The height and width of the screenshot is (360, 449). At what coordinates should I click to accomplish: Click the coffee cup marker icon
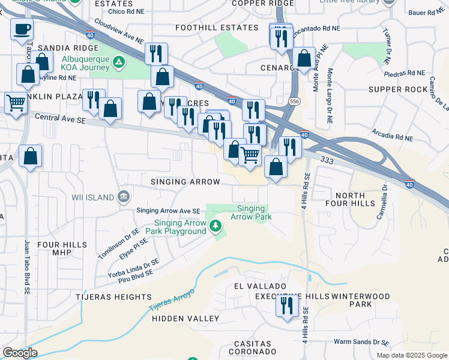click(x=22, y=29)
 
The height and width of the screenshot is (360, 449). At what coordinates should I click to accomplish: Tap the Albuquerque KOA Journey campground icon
click(x=119, y=62)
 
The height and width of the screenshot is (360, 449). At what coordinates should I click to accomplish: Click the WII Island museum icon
click(x=123, y=196)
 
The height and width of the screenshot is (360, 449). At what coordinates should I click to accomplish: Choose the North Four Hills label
click(x=350, y=201)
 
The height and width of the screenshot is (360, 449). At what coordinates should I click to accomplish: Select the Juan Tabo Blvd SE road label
click(x=27, y=267)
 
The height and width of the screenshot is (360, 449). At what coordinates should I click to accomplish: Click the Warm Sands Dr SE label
click(x=361, y=342)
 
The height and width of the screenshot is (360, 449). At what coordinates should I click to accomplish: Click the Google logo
click(x=19, y=353)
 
